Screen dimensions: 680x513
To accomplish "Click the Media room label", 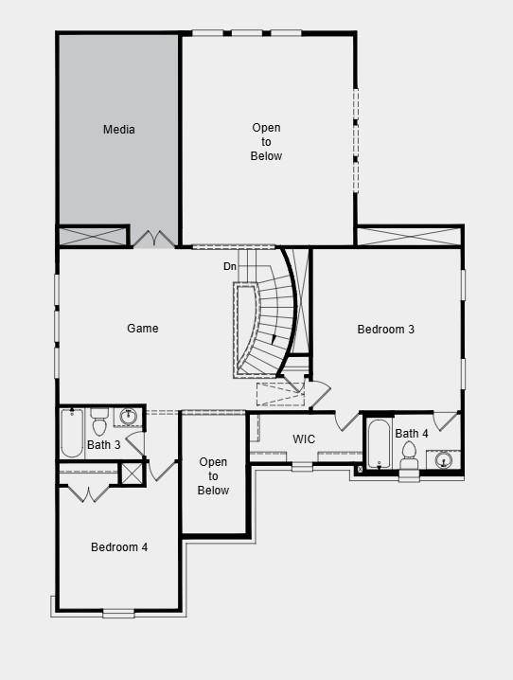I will (119, 130).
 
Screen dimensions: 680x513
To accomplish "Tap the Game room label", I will (143, 329).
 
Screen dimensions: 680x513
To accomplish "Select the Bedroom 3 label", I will (385, 330).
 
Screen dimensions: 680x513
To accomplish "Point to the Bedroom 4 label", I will (119, 546).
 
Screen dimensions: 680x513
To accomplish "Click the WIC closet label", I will (304, 439).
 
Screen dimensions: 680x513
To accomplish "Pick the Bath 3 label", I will (104, 445).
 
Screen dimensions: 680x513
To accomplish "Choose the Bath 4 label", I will (412, 434).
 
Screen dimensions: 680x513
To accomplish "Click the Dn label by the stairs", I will (230, 267).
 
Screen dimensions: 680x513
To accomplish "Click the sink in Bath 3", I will (129, 417).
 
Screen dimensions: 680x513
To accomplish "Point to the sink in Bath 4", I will (444, 460).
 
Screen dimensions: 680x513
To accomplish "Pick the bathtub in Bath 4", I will (379, 444).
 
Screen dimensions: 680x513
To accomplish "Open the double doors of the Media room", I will (152, 238).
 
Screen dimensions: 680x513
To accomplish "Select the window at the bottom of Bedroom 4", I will (119, 613).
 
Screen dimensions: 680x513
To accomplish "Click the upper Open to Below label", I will (266, 142).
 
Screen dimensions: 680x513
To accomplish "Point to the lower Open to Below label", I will (213, 476).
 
